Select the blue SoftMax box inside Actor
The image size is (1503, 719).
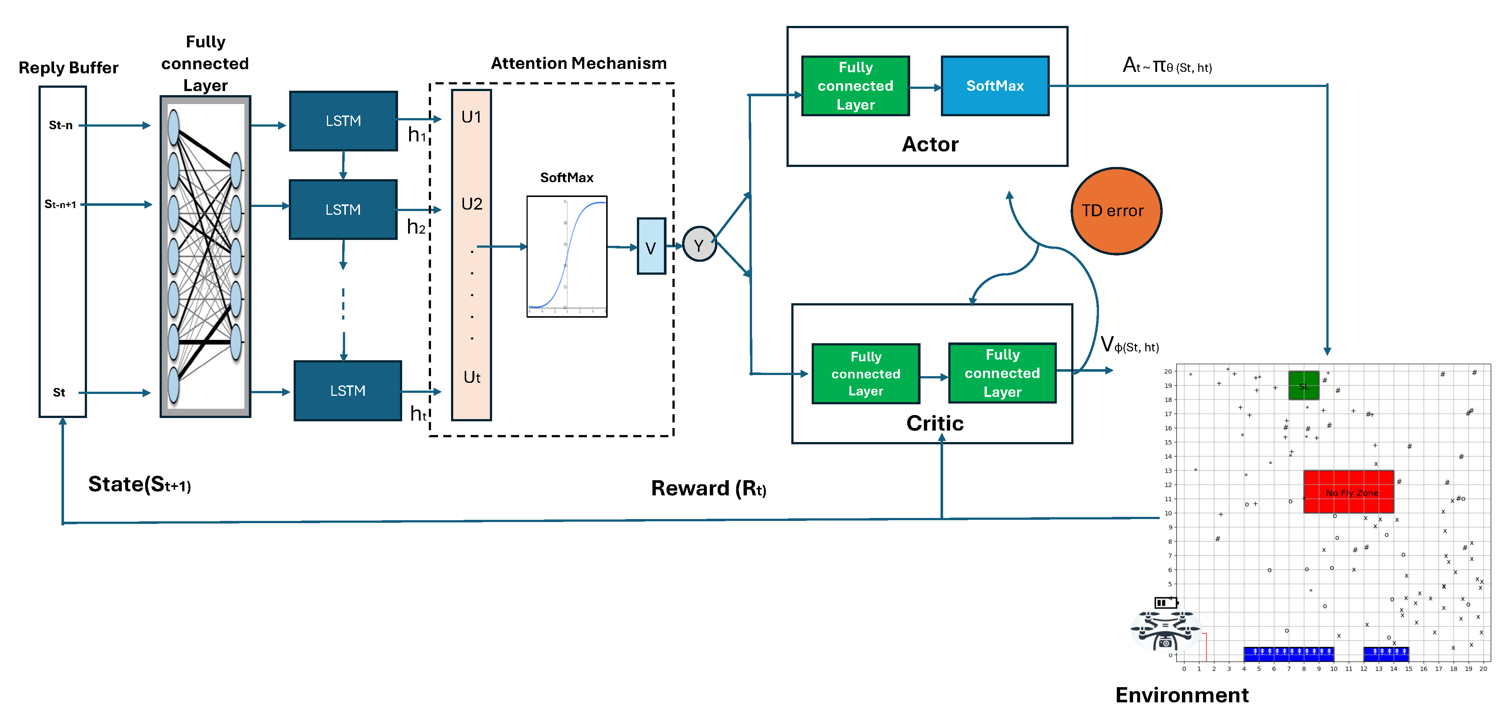tap(995, 86)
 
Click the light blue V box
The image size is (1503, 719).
tap(651, 246)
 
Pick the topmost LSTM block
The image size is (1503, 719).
tap(343, 121)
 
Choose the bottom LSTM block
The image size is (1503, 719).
tap(348, 391)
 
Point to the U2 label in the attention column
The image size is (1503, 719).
tap(471, 204)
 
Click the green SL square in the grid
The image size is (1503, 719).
tap(1303, 385)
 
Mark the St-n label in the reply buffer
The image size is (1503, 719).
tap(61, 125)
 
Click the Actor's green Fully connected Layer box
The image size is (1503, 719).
tap(855, 86)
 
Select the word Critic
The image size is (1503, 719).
tap(935, 423)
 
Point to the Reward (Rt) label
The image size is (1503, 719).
tap(708, 488)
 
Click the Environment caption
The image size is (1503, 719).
tap(1182, 695)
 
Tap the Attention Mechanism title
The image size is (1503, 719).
tap(578, 63)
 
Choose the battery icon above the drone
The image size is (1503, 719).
tap(1165, 602)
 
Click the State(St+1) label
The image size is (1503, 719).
tap(140, 484)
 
